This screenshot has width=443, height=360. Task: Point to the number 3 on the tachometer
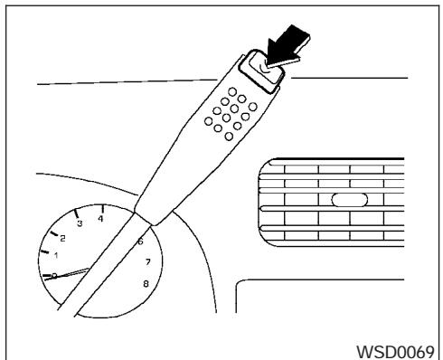click(80, 223)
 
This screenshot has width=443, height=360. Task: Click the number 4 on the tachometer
click(101, 219)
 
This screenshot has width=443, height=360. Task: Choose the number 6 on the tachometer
click(139, 242)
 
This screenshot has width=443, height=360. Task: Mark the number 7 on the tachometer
click(146, 262)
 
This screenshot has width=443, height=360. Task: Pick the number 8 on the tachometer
click(146, 283)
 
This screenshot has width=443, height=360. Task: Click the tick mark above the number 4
click(101, 208)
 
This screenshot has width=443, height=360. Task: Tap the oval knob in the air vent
click(346, 201)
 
